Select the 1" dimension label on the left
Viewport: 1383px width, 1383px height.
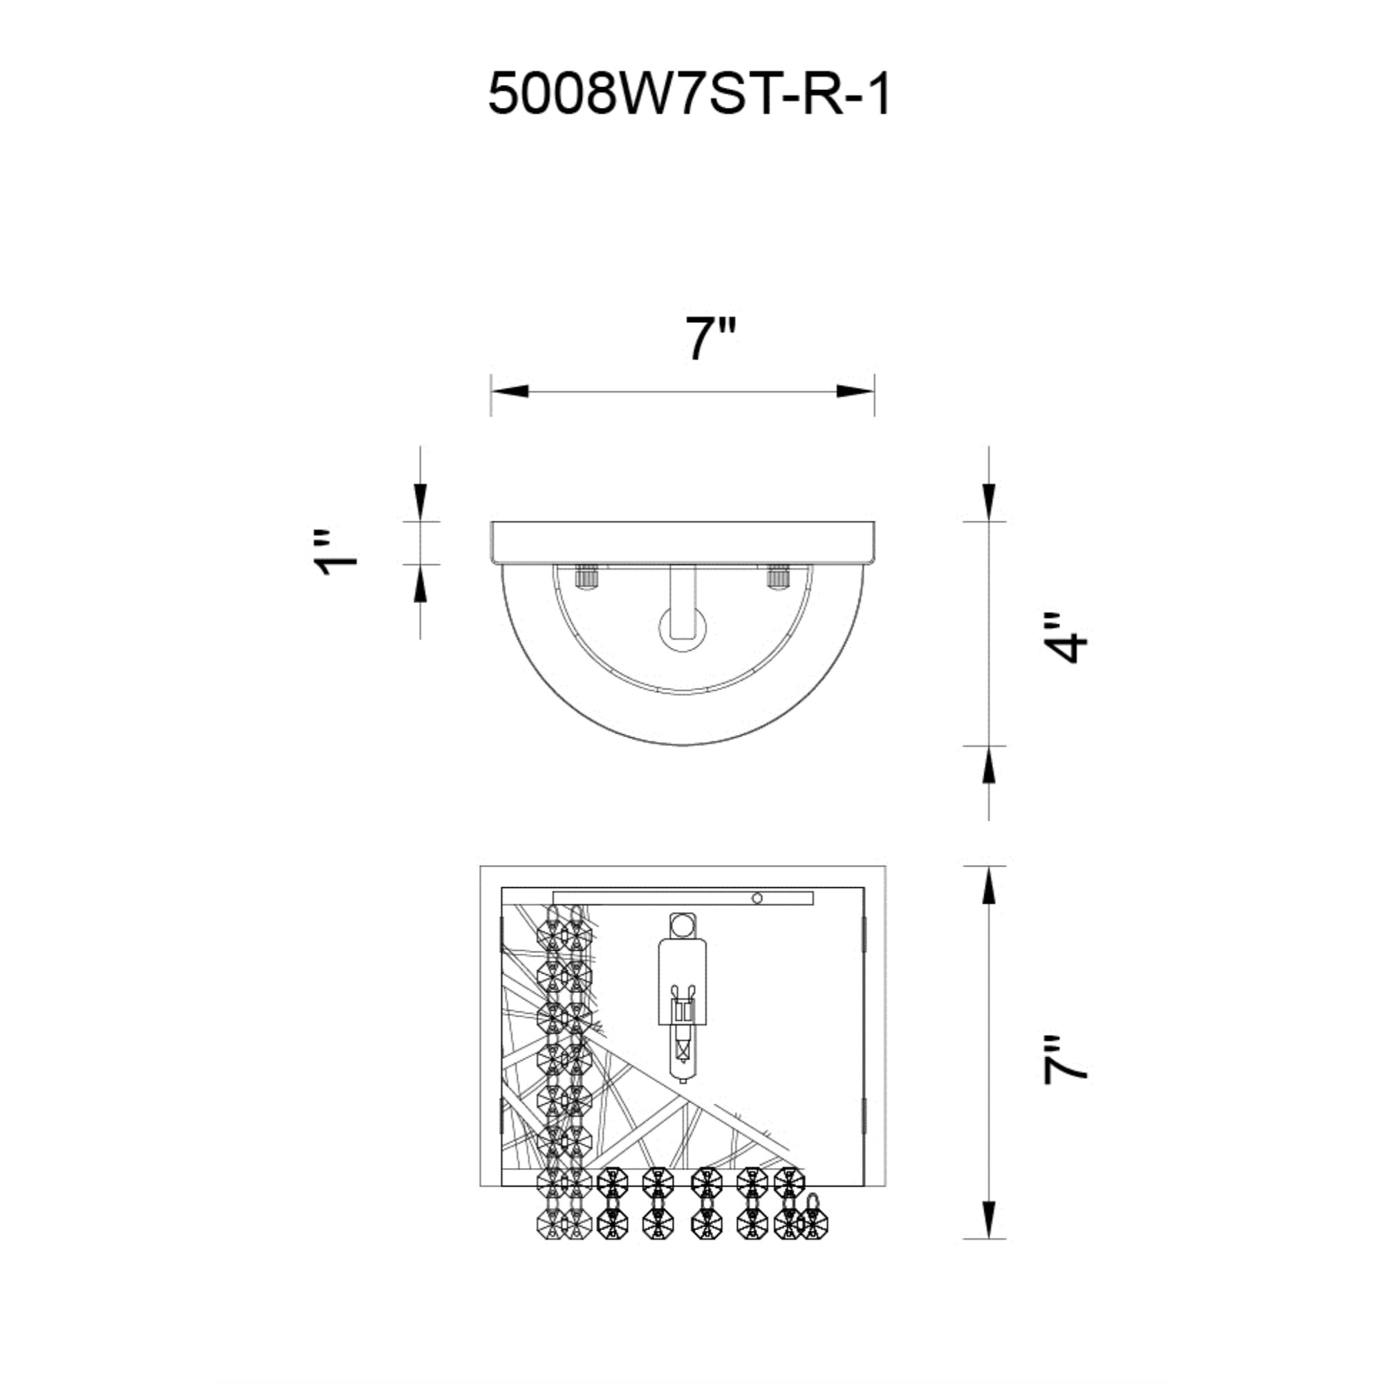(x=336, y=553)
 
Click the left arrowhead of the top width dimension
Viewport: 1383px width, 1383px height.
(x=510, y=391)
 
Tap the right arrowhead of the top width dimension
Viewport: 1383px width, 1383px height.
(x=856, y=391)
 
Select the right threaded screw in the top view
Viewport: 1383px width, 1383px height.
(x=777, y=577)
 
